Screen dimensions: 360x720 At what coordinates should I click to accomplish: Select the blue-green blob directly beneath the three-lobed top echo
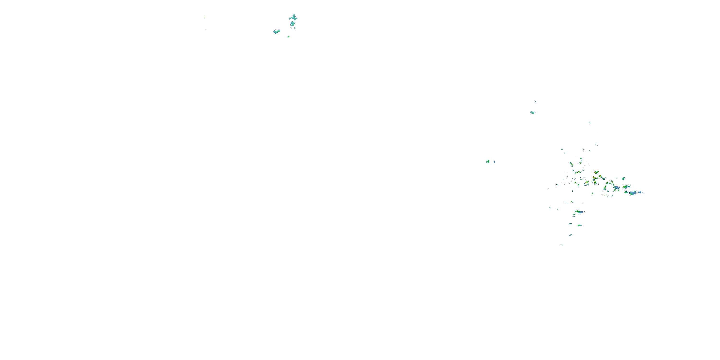[293, 24]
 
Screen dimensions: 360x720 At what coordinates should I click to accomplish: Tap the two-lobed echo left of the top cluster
[276, 32]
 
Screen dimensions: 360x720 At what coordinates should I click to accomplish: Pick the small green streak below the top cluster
[288, 37]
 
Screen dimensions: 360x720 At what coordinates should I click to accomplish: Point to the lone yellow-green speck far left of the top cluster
[204, 17]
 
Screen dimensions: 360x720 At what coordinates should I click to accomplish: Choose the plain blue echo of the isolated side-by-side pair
[494, 162]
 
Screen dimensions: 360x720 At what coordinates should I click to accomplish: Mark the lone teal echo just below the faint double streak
[533, 113]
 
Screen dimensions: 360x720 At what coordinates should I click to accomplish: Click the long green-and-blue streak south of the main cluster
[580, 212]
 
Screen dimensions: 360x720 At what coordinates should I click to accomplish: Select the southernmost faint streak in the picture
[562, 245]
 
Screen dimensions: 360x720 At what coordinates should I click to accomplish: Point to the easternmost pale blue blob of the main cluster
[640, 192]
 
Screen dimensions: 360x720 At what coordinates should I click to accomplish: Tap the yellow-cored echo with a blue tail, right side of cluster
[626, 186]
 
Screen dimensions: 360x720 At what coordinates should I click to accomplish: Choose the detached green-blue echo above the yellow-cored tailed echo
[623, 179]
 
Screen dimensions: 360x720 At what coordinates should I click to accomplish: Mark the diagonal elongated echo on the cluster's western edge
[571, 163]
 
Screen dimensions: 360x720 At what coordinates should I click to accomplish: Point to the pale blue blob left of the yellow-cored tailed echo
[616, 187]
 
